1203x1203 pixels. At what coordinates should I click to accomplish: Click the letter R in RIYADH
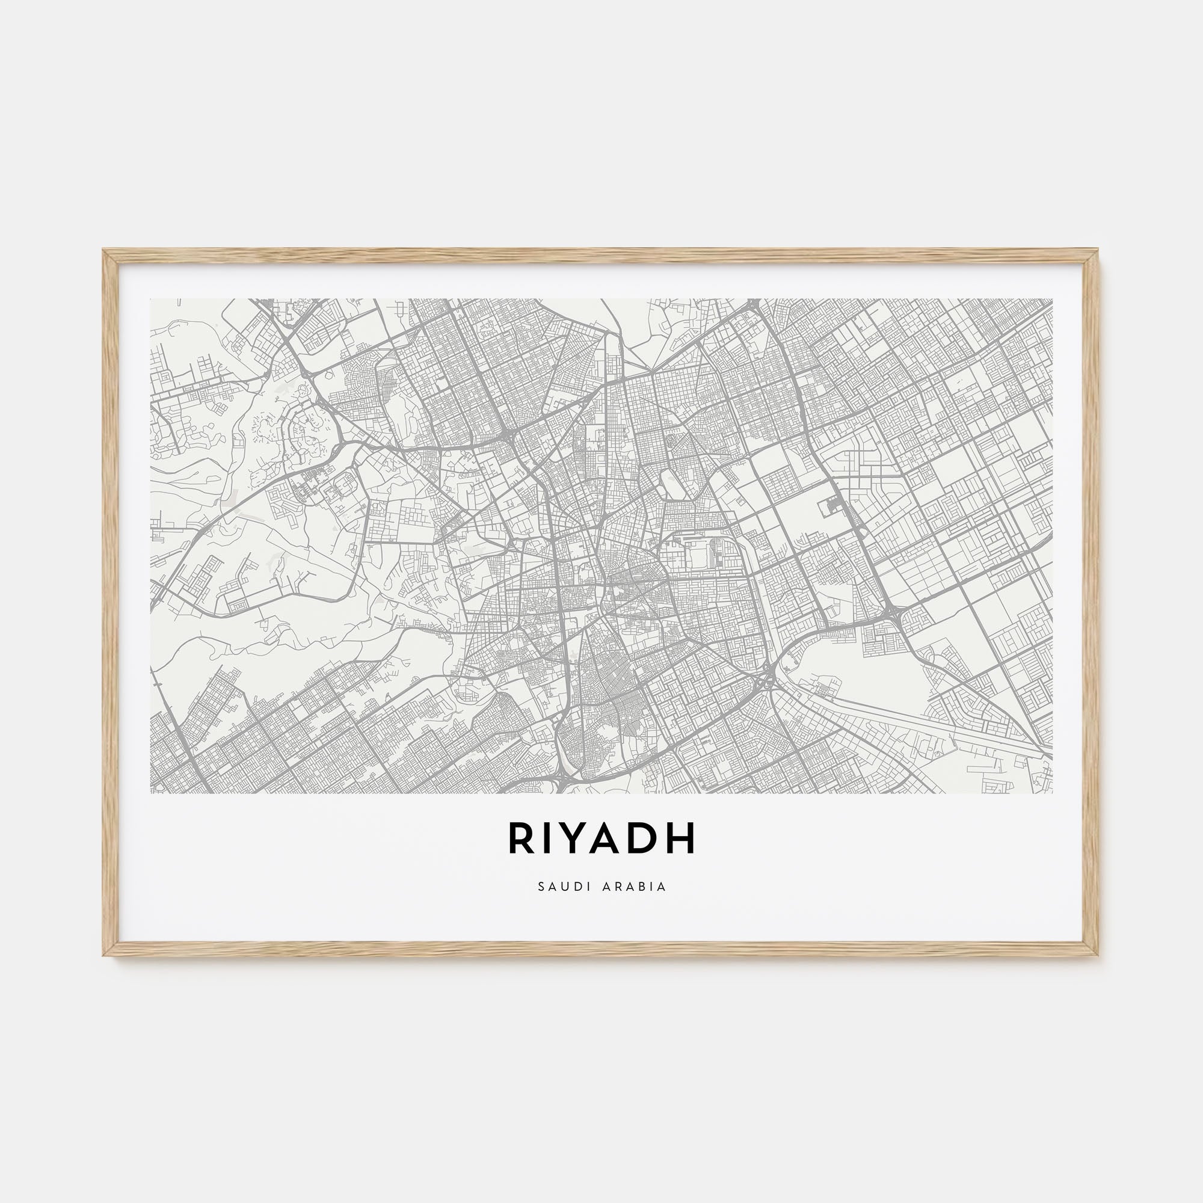click(x=520, y=838)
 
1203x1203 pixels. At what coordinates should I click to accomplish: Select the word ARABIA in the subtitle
click(x=635, y=887)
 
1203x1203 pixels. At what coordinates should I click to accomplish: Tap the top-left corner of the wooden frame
click(x=105, y=251)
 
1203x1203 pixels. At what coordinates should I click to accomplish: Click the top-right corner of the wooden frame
click(x=1098, y=251)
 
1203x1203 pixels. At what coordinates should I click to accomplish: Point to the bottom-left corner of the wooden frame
click(x=105, y=954)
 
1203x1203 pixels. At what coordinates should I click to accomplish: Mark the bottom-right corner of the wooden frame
click(x=1098, y=954)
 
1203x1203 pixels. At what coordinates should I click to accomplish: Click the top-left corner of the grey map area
click(x=152, y=300)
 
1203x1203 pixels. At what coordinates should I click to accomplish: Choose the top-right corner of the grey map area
click(x=1052, y=300)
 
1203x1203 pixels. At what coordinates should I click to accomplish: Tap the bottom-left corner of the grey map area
click(x=152, y=793)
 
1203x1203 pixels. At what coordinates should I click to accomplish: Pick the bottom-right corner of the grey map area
click(x=1052, y=793)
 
